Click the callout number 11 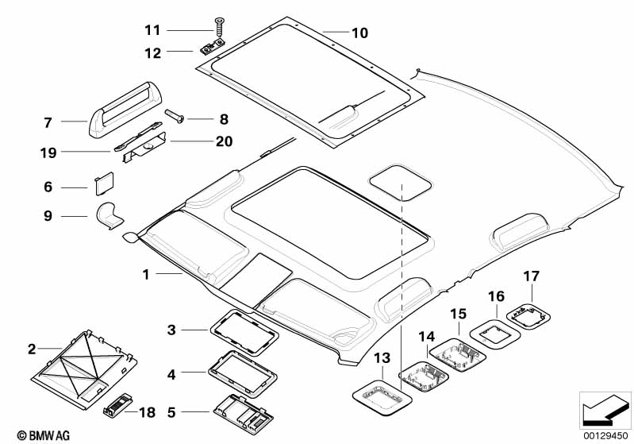tap(152, 30)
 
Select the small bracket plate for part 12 tap(212, 48)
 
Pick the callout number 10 tap(359, 33)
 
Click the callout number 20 tap(224, 142)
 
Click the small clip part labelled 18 tap(115, 407)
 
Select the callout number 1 tap(146, 274)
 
